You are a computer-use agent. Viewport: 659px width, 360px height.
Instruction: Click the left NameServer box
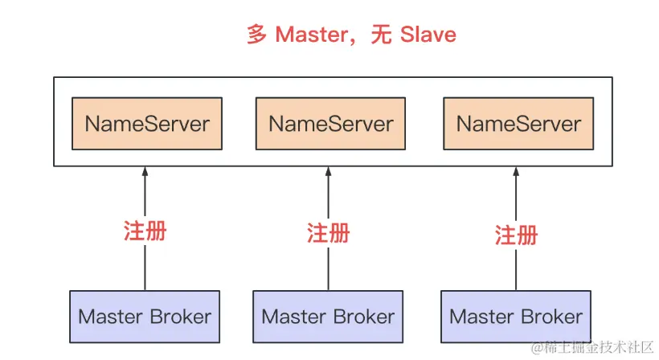[146, 124]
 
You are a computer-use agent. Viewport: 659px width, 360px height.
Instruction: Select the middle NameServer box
[330, 124]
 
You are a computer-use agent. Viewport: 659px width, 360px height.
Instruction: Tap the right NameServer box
[518, 124]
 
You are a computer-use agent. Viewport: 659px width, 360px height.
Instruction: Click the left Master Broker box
[145, 317]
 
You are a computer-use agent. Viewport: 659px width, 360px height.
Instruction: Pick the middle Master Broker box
[328, 317]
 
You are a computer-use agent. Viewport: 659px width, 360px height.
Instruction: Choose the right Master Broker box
[516, 317]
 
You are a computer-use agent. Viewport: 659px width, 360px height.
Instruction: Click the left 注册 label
[145, 231]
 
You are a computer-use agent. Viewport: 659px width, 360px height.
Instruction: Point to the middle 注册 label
[329, 233]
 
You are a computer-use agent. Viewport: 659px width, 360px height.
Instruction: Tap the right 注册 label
[517, 235]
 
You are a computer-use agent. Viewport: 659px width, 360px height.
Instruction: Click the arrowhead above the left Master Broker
[145, 172]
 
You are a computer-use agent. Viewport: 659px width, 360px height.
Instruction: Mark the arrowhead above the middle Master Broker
[328, 172]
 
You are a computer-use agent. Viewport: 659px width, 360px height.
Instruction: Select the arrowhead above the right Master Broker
[516, 172]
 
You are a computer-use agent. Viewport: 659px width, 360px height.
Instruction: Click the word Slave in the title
[428, 35]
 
